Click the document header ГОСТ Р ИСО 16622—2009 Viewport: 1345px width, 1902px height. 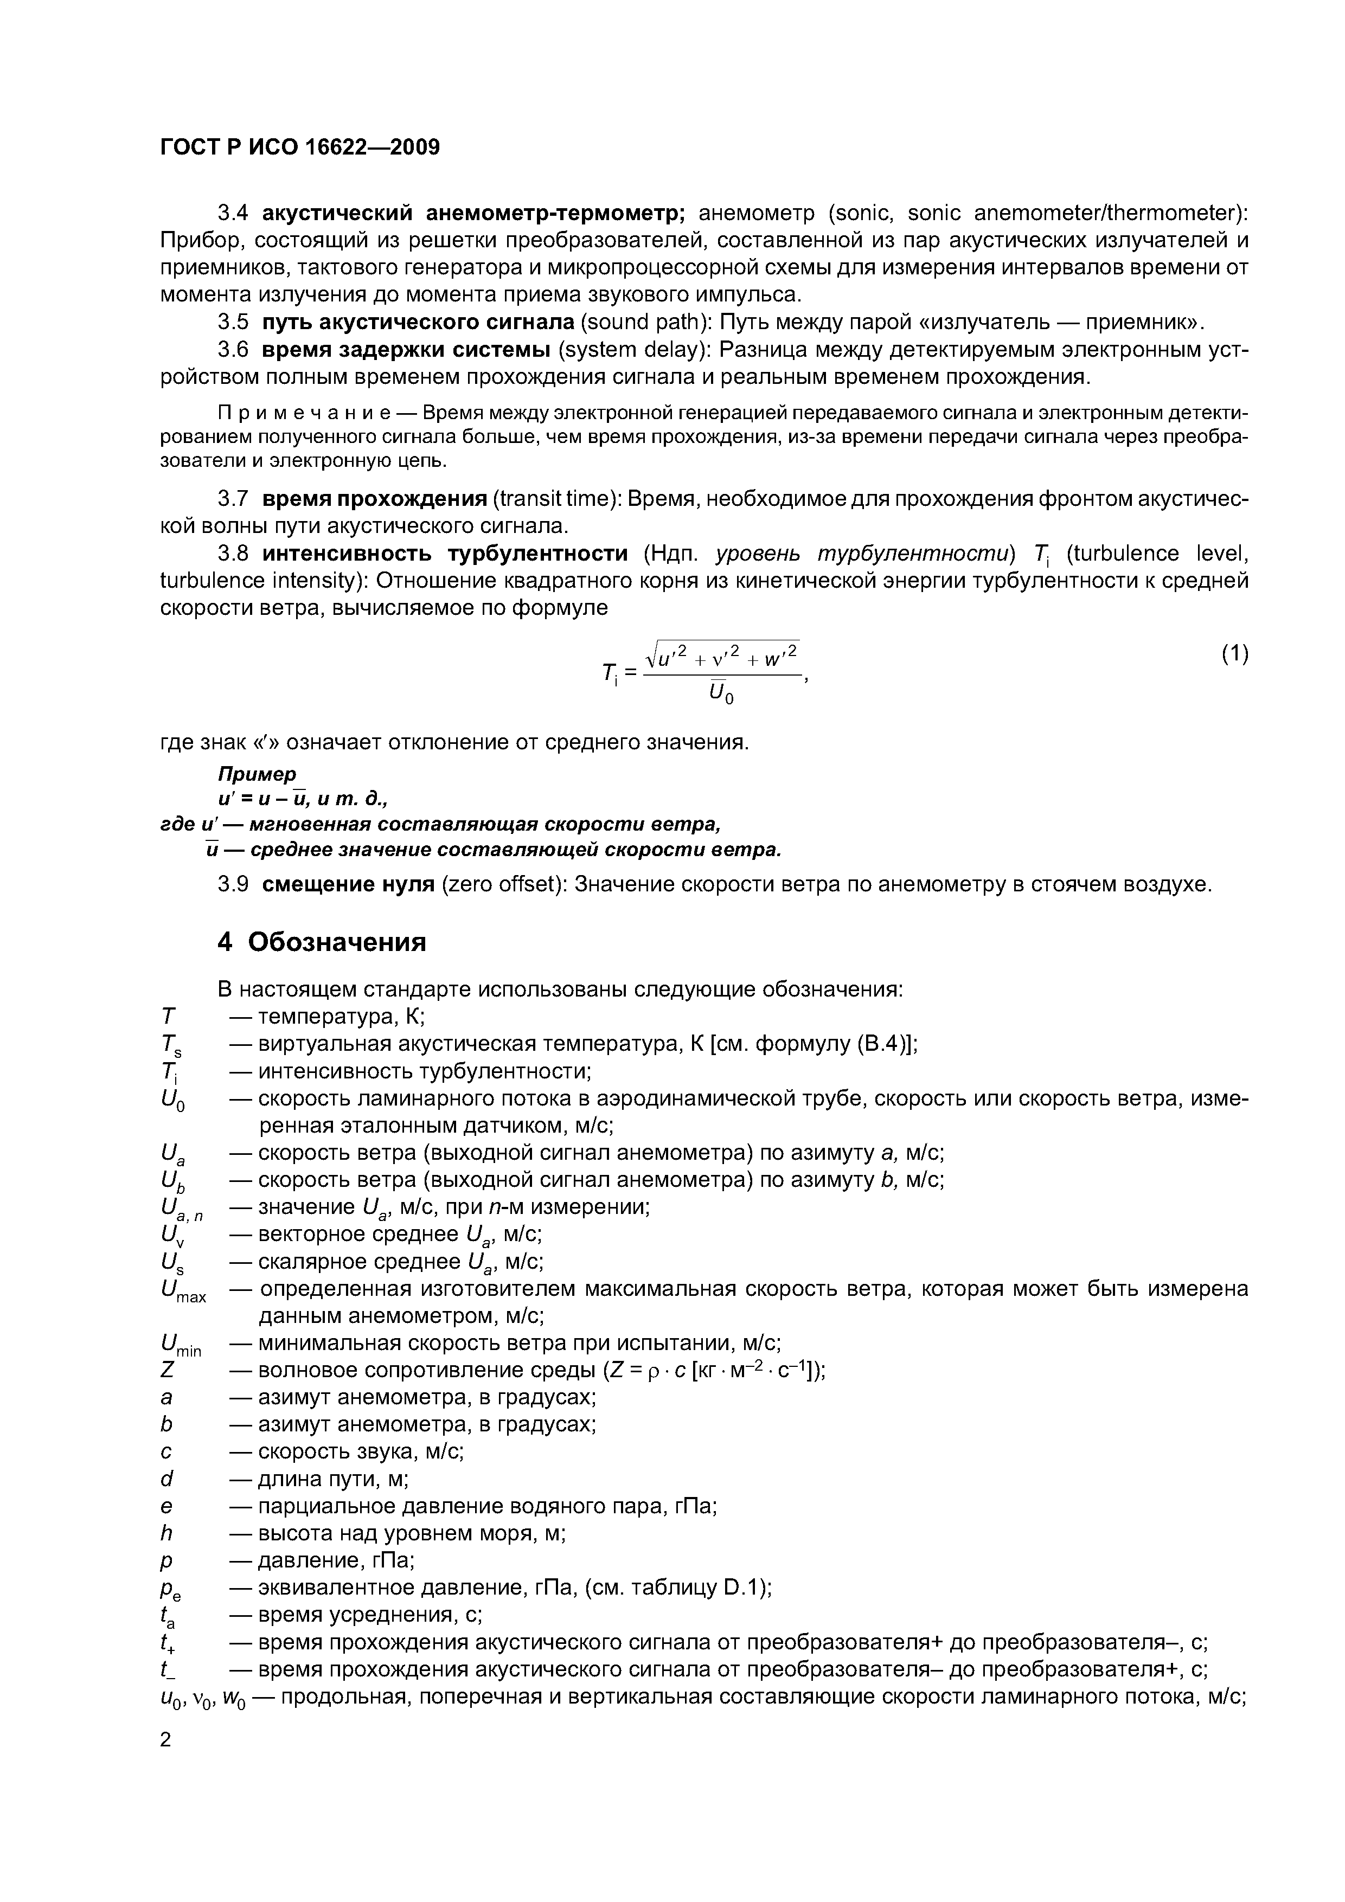pyautogui.click(x=299, y=147)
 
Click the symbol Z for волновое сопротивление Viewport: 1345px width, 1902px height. pyautogui.click(x=168, y=1371)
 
